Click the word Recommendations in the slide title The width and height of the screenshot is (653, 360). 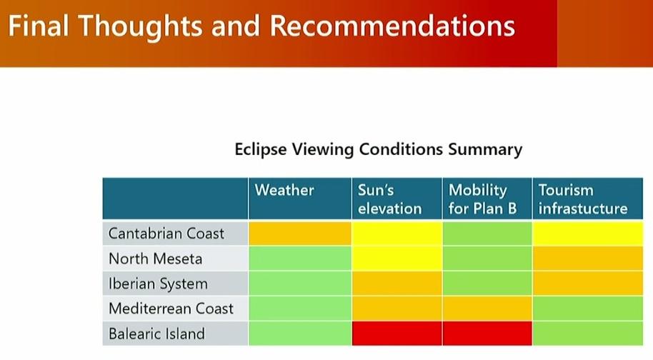392,26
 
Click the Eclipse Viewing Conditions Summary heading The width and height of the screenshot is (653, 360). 378,149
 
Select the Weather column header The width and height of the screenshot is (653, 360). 284,190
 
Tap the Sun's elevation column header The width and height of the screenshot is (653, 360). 390,199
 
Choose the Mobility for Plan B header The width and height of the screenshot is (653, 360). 483,199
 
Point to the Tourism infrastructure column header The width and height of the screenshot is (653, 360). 583,199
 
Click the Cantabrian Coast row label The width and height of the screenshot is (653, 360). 166,234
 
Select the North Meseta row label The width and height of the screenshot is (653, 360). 155,259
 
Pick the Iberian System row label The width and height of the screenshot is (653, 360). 158,284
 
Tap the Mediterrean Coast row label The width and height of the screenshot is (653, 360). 171,309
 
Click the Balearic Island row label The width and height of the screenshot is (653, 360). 156,334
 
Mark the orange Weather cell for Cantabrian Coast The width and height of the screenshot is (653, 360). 300,233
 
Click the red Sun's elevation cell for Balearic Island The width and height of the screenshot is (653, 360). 397,333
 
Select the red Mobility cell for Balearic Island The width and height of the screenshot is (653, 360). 487,333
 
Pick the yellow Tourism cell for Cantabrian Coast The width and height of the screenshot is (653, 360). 587,233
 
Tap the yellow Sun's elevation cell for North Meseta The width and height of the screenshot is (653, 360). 397,258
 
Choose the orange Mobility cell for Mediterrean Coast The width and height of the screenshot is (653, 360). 487,308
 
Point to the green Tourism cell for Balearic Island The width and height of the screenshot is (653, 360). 587,333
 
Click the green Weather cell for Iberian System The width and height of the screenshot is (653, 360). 300,283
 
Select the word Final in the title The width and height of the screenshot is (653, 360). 39,26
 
